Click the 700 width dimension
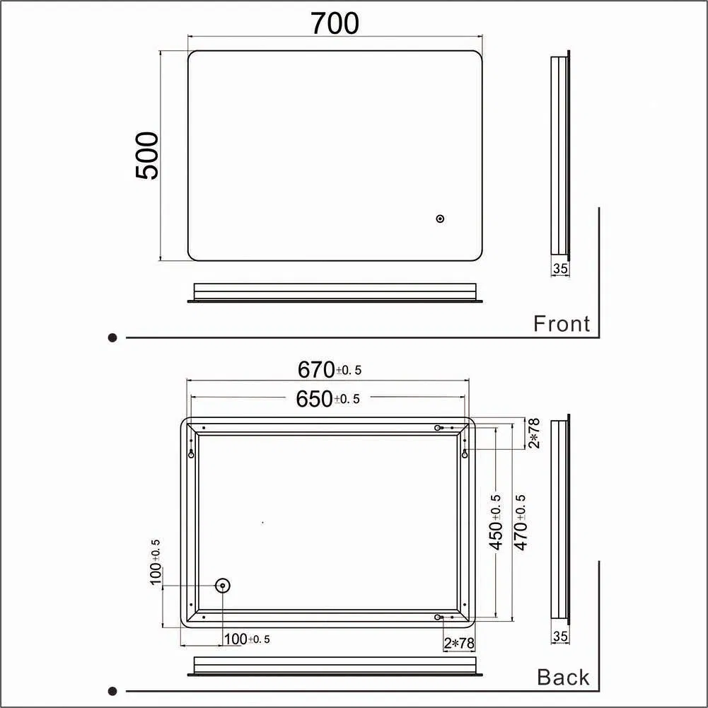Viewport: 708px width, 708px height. (x=335, y=23)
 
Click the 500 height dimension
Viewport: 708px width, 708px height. (x=147, y=155)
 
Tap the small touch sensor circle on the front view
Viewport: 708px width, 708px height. (x=440, y=219)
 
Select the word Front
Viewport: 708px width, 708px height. (x=561, y=324)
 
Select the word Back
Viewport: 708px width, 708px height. (x=563, y=678)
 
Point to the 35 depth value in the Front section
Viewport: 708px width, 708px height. (x=560, y=269)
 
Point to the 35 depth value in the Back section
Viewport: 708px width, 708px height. (x=560, y=637)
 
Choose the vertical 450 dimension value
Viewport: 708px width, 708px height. (x=497, y=522)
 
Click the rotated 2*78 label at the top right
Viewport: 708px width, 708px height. (x=535, y=433)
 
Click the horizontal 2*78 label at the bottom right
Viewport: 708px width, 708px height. (x=459, y=643)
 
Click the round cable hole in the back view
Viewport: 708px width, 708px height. (x=222, y=585)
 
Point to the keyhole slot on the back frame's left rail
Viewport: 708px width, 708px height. (x=191, y=453)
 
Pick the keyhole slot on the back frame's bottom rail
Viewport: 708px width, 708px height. (x=439, y=617)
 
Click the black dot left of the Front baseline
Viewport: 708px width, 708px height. (x=112, y=338)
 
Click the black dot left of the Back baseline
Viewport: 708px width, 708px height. (x=112, y=691)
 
